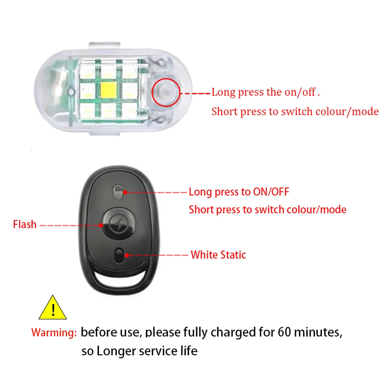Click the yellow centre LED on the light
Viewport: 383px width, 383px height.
109,89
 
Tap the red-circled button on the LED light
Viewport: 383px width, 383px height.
166,93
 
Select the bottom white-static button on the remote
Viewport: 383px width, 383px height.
119,256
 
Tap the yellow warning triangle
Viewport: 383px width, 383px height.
52,308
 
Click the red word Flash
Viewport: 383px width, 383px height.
25,224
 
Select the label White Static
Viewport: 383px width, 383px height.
218,255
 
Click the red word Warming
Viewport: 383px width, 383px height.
54,333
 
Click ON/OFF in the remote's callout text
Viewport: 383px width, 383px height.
271,192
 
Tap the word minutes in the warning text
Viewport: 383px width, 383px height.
318,332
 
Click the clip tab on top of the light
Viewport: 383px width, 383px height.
105,46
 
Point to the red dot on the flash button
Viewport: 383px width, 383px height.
101,225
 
